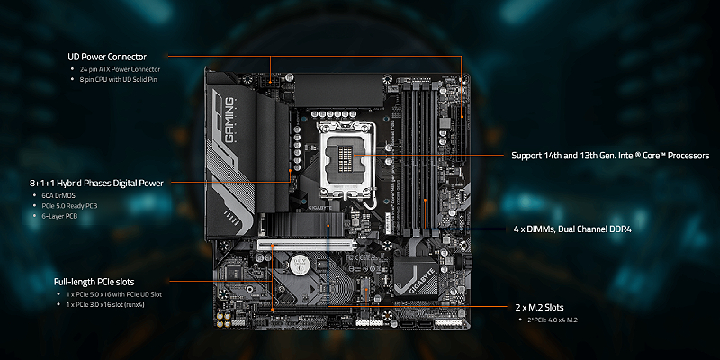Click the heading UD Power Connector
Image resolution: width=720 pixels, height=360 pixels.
107,57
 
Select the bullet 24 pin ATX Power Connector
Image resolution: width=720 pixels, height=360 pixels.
120,69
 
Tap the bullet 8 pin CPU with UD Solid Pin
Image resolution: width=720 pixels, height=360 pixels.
120,79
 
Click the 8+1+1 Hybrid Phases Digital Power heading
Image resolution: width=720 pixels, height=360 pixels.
96,184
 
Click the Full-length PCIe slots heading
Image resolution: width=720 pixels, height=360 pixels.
94,282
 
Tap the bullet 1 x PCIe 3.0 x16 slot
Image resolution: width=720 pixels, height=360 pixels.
105,304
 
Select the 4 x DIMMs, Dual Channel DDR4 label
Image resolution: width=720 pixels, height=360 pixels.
572,229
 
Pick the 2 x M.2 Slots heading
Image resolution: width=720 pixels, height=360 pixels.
539,307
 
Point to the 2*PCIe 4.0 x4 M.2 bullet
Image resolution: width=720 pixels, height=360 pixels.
553,319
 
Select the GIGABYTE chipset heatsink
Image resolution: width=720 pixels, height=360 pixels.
416,275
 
